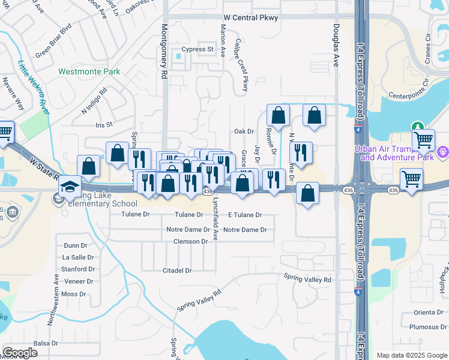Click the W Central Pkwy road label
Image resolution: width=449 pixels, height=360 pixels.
point(250,18)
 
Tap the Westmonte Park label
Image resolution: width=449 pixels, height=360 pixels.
point(89,71)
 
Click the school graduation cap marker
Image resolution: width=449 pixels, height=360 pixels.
point(70,186)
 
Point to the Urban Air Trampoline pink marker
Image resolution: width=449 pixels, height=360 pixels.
point(444,152)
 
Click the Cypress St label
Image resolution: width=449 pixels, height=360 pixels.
point(198,49)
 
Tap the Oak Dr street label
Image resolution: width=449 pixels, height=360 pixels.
point(244,131)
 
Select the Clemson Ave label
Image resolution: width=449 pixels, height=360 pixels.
point(194,241)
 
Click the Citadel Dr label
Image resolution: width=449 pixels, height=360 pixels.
point(177,271)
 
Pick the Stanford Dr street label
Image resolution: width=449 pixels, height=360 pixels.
point(78,269)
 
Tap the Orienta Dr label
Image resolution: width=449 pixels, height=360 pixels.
point(428,312)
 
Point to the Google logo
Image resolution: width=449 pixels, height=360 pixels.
point(20,352)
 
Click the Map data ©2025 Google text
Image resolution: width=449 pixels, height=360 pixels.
point(411,355)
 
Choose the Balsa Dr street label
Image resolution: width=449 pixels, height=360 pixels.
point(46,343)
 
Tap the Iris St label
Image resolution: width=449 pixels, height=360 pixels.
point(104,125)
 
